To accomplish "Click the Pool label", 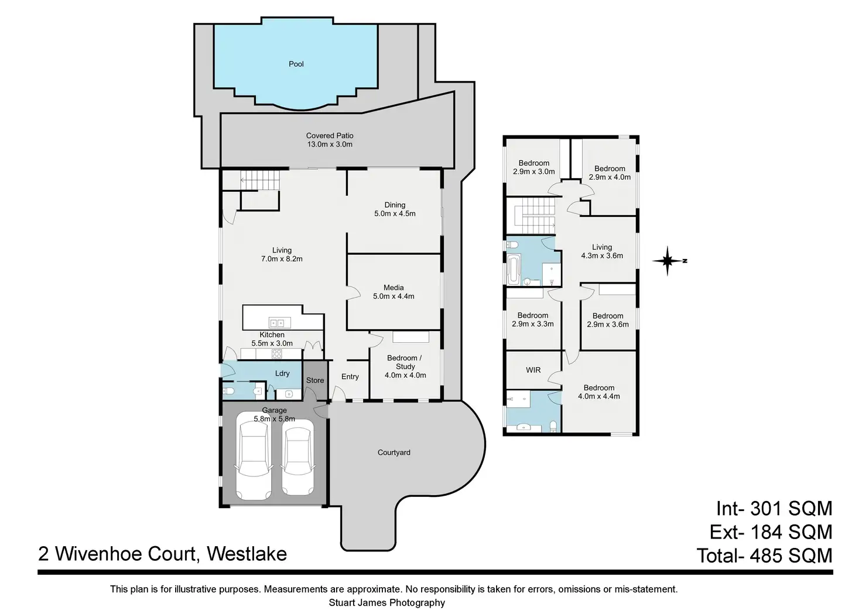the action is point(296,64).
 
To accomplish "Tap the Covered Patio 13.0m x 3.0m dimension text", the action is point(330,144).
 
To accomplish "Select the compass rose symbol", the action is point(668,261).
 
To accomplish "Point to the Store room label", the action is point(315,380).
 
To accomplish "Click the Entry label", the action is point(350,377).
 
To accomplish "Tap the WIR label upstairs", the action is point(533,370).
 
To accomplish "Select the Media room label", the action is point(394,288).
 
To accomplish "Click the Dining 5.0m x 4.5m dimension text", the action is point(395,213).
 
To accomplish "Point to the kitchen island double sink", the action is point(277,322).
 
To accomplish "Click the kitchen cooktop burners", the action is point(273,353).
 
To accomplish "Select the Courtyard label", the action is point(394,452).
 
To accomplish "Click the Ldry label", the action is point(282,373).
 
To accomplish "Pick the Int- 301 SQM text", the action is point(774,507).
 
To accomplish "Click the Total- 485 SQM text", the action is point(764,555).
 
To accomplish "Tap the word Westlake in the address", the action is point(247,554).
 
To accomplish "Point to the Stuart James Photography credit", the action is point(386,602).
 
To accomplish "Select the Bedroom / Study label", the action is point(405,362).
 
